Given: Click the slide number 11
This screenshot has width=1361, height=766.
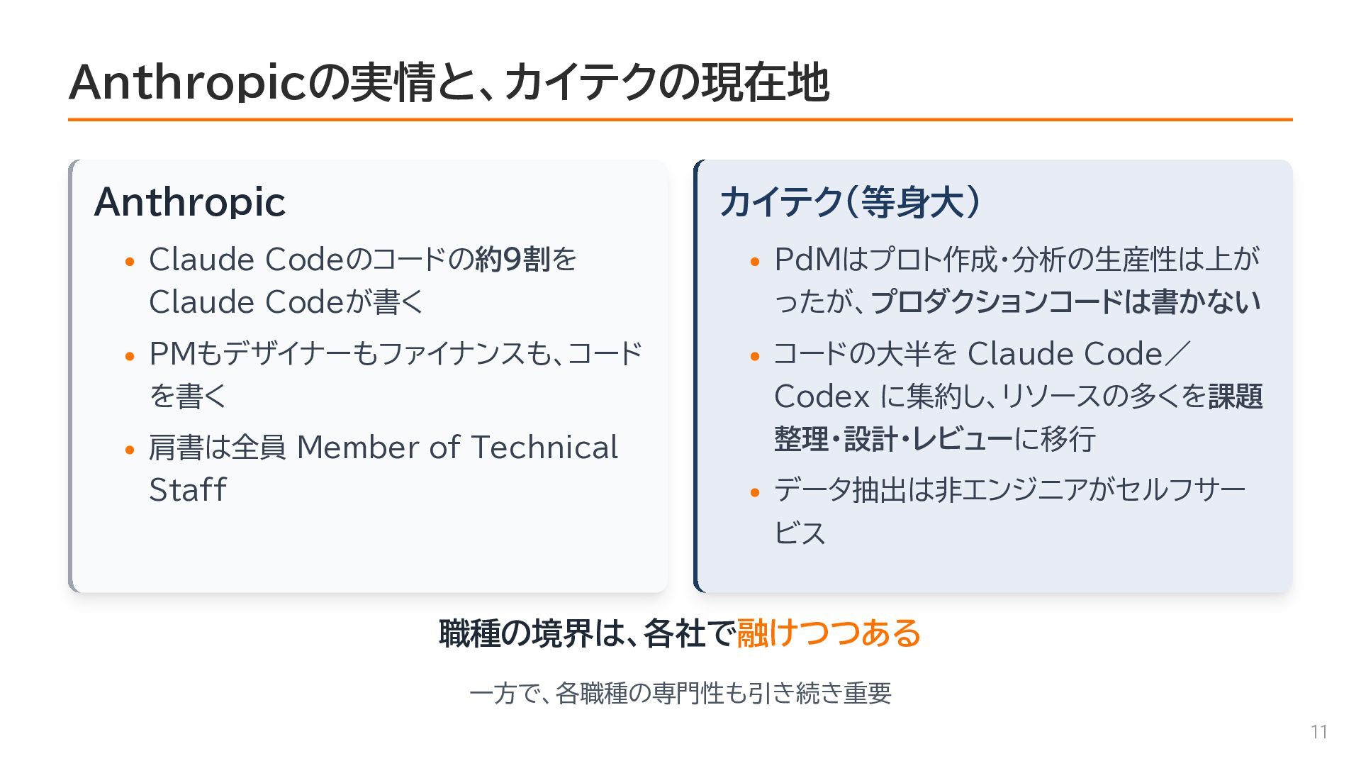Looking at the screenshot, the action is [1318, 732].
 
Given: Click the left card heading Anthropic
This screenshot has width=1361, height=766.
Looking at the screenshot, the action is [189, 202].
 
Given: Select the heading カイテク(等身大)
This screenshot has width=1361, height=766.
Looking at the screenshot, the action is [851, 202].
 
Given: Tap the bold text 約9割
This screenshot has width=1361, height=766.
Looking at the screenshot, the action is [513, 260].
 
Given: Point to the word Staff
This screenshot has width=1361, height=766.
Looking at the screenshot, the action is [187, 489].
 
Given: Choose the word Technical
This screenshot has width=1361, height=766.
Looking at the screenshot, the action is [544, 448].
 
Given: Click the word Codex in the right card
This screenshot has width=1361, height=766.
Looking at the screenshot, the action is [822, 396].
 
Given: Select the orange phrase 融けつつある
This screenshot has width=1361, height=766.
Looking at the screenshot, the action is [829, 633].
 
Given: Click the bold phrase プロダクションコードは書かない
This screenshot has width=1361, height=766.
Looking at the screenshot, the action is [1065, 302].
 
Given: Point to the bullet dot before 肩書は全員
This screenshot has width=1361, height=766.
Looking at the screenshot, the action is [129, 450].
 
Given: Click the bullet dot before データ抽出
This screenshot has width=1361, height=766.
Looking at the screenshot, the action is [754, 492].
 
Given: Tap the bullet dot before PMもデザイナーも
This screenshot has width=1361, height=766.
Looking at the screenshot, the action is [129, 356].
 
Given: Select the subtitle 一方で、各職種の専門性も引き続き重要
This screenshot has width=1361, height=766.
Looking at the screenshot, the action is [680, 693].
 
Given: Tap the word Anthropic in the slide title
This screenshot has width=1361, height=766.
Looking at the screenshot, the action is [188, 82].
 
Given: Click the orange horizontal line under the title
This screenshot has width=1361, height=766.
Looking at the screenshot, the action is [680, 120].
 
